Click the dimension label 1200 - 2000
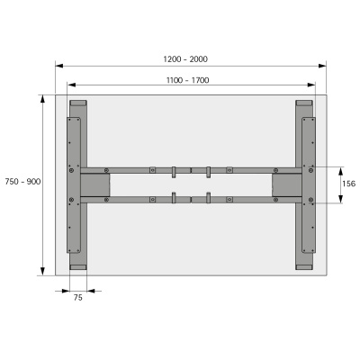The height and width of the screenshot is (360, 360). (x=185, y=58)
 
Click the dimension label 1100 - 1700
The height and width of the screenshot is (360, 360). (x=187, y=80)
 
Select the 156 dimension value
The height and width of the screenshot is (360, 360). (x=348, y=184)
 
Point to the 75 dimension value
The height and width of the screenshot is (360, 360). (x=78, y=298)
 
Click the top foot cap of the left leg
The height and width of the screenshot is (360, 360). (x=78, y=103)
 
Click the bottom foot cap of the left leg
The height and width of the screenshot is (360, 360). (x=78, y=266)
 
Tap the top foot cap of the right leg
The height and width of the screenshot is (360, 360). (x=306, y=103)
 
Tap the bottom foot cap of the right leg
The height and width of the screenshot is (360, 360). (x=306, y=266)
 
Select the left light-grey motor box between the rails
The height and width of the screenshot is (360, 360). (x=95, y=184)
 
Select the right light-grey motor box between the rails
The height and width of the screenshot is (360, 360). (x=288, y=184)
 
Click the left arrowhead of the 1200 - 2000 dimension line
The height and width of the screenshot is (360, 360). (x=58, y=65)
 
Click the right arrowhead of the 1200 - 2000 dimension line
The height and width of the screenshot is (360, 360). (x=323, y=65)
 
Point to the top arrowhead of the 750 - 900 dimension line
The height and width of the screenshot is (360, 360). (x=42, y=97)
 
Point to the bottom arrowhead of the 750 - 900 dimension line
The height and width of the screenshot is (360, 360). (x=42, y=271)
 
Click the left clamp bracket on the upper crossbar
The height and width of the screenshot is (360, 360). (x=173, y=170)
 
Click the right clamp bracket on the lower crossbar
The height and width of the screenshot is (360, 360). (x=208, y=199)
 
